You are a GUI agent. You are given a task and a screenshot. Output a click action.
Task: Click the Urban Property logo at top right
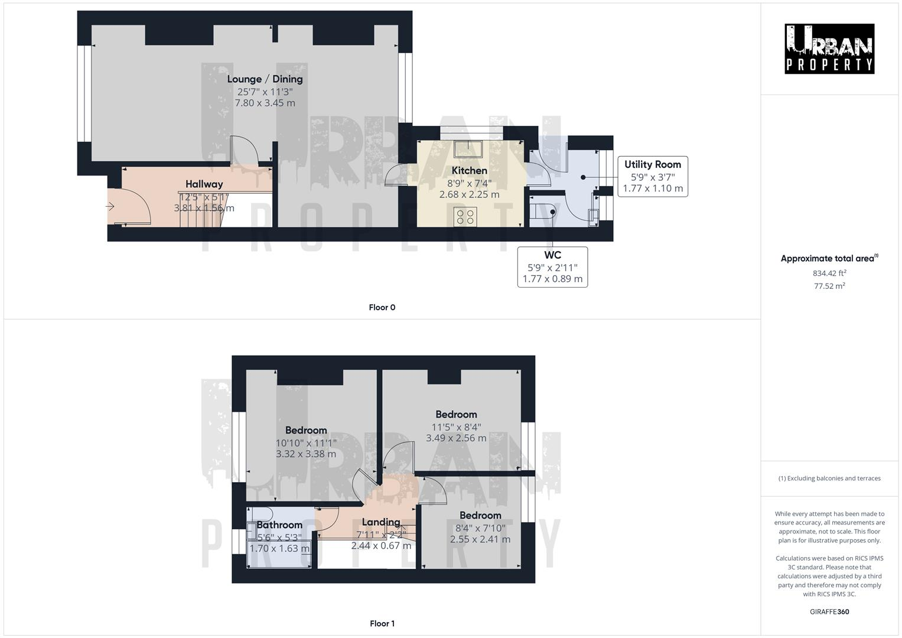pyautogui.click(x=829, y=49)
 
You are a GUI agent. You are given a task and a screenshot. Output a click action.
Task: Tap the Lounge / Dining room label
pyautogui.click(x=265, y=79)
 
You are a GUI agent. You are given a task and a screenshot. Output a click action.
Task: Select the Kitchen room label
pyautogui.click(x=470, y=171)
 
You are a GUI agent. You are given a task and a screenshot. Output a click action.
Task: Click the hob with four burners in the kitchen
pyautogui.click(x=465, y=216)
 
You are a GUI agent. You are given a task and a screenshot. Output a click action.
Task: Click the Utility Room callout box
pyautogui.click(x=652, y=177)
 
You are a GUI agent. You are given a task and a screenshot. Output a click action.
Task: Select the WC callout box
pyautogui.click(x=552, y=267)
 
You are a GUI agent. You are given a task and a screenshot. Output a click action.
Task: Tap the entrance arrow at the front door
pyautogui.click(x=110, y=206)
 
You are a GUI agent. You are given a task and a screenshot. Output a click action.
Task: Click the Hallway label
pyautogui.click(x=204, y=184)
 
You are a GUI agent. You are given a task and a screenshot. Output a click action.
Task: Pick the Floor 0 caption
pyautogui.click(x=382, y=307)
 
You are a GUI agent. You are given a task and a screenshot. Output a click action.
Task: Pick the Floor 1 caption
pyautogui.click(x=382, y=623)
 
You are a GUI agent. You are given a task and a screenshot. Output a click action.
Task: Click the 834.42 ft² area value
pyautogui.click(x=829, y=273)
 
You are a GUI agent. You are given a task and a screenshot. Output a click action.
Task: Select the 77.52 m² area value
pyautogui.click(x=829, y=286)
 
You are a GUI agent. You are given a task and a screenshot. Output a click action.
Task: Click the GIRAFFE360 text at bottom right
pyautogui.click(x=829, y=611)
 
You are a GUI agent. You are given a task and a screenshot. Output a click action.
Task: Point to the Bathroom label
pyautogui.click(x=279, y=525)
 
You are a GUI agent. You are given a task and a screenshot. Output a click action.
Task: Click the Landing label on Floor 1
pyautogui.click(x=381, y=522)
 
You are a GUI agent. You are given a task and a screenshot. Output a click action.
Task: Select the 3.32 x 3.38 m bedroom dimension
pyautogui.click(x=306, y=454)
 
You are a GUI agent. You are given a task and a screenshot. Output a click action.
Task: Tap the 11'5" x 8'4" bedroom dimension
pyautogui.click(x=456, y=427)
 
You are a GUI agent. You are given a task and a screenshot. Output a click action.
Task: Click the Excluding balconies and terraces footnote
pyautogui.click(x=829, y=479)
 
